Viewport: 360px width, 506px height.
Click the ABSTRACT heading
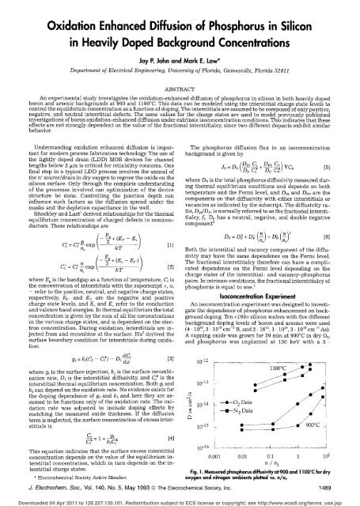pos(180,77)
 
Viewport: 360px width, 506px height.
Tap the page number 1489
pos(339,485)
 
